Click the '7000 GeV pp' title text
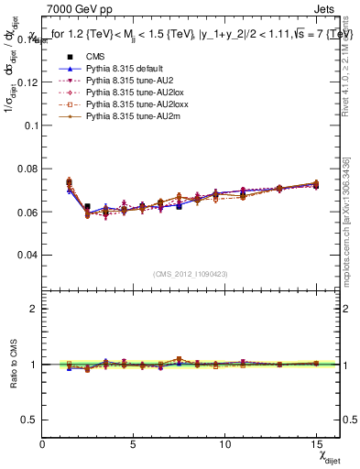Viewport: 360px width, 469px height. [x=74, y=12]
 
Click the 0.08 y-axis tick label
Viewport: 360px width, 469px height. [x=27, y=169]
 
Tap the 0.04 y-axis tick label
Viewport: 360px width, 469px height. [x=27, y=255]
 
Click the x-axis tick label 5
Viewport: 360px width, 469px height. [x=134, y=443]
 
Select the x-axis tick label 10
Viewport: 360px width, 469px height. [x=225, y=443]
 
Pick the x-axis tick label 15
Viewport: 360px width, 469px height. [x=317, y=443]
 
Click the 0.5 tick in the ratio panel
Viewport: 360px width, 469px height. [x=30, y=420]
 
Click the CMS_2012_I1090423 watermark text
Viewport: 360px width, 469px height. [x=190, y=275]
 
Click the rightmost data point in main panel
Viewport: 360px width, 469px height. [x=316, y=185]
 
